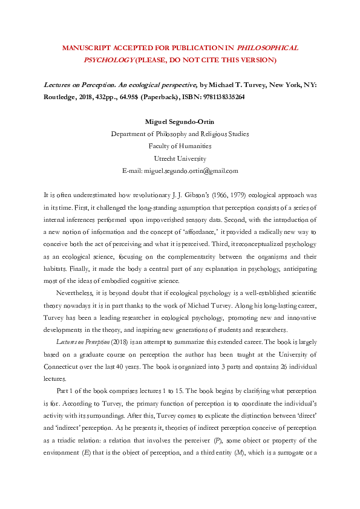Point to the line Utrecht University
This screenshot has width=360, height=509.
pos(180,158)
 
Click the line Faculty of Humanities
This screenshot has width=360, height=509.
pos(180,146)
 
